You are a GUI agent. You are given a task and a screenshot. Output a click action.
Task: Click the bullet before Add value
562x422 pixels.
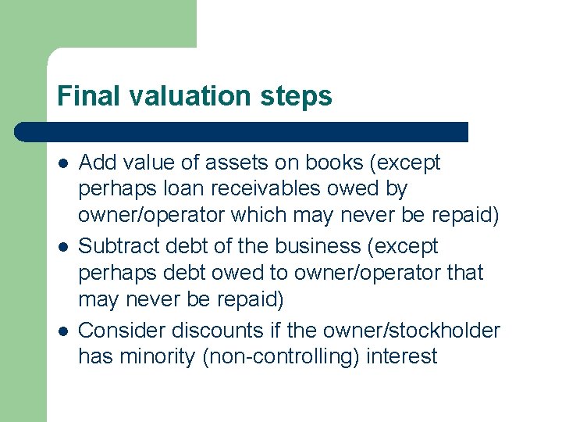coord(62,163)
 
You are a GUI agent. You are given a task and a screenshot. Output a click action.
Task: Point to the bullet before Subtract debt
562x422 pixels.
coord(62,247)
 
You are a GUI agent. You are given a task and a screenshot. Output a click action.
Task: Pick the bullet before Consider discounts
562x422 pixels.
coord(62,331)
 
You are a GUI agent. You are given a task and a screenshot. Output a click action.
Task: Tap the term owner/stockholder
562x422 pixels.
coord(406,330)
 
